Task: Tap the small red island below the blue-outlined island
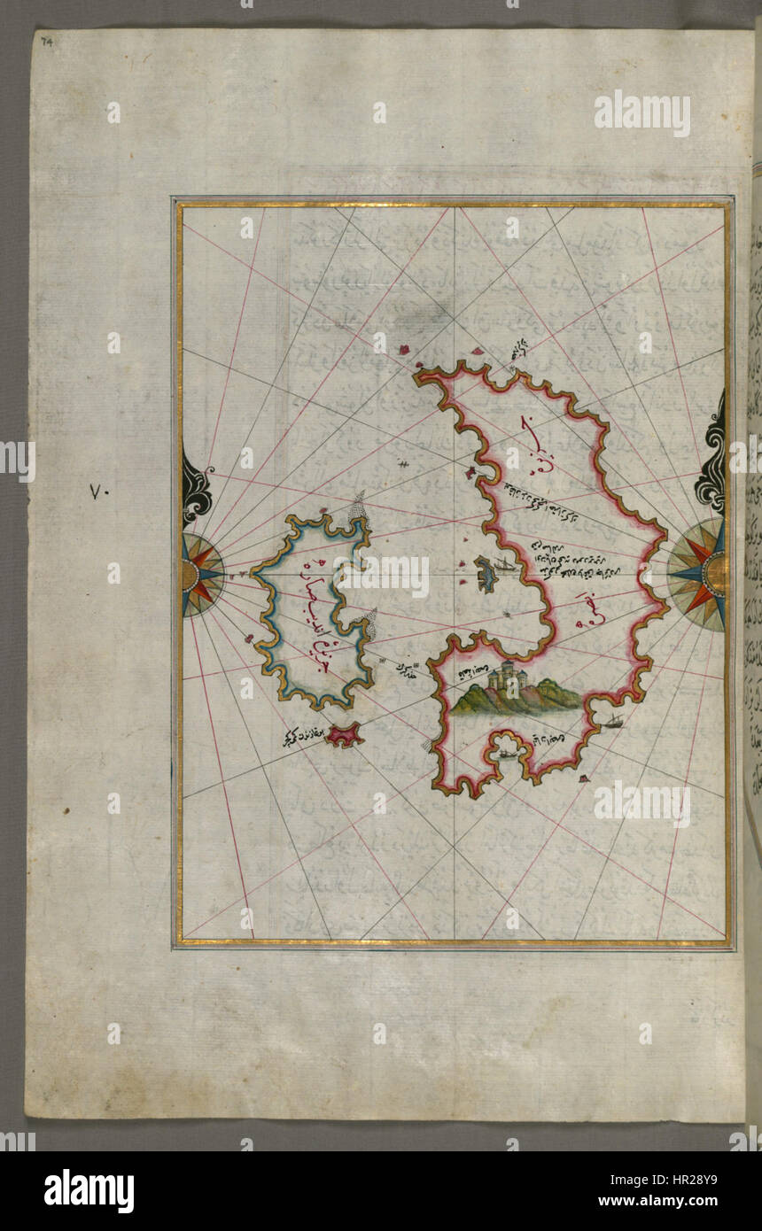click(342, 734)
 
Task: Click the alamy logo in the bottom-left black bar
click(89, 1191)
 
